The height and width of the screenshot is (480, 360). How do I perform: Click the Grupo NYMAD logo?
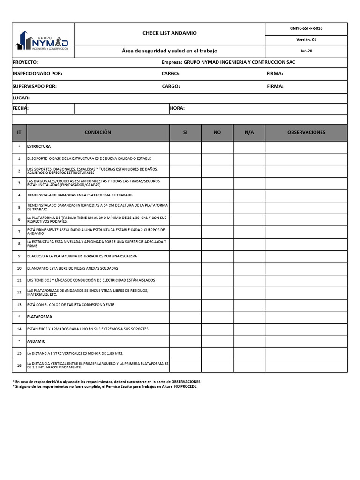tap(43, 39)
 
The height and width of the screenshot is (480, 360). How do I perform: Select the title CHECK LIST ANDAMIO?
tap(170, 33)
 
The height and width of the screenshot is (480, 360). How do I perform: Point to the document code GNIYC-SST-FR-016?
tap(306, 28)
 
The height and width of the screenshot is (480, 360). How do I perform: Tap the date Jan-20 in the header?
tap(306, 51)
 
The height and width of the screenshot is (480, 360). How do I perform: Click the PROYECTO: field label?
tap(25, 62)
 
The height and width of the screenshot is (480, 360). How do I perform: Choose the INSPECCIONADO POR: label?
tap(37, 74)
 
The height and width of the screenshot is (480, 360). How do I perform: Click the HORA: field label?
tap(177, 108)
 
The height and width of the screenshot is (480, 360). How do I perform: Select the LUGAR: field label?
tap(21, 97)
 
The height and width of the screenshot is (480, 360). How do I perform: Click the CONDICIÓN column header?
tap(98, 133)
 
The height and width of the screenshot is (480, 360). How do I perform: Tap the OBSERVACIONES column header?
tap(306, 133)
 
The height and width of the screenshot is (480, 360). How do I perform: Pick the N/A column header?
tap(249, 133)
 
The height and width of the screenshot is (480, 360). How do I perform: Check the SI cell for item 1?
tap(185, 159)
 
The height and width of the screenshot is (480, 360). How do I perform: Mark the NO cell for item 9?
tap(217, 256)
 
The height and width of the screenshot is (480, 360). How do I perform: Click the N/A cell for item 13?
tap(249, 305)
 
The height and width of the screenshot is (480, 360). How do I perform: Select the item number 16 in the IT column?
tap(19, 366)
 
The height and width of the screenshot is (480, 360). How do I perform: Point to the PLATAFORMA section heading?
tap(40, 317)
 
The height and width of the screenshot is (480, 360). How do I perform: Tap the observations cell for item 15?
tap(306, 353)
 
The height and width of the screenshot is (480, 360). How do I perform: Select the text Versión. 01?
tap(306, 40)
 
